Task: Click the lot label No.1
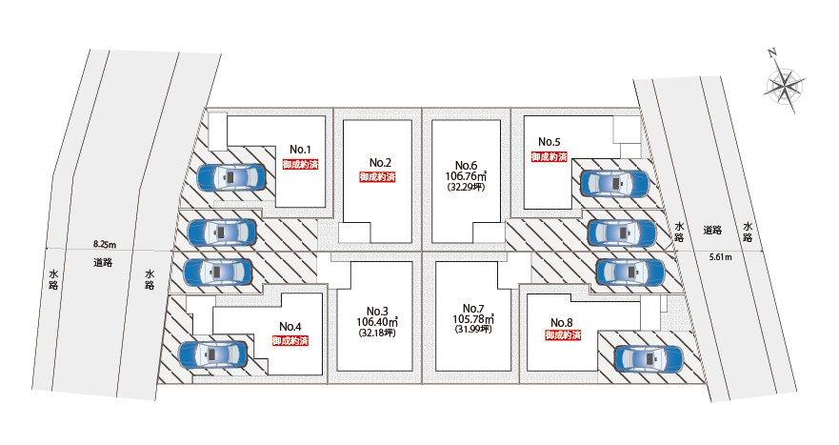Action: pyautogui.click(x=301, y=149)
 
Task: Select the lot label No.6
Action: pyautogui.click(x=466, y=163)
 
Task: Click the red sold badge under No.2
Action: pyautogui.click(x=377, y=177)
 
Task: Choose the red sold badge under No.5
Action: pyautogui.click(x=549, y=156)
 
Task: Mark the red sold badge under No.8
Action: pyautogui.click(x=565, y=336)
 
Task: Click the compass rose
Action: pyautogui.click(x=784, y=86)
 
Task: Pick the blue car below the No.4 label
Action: pyautogui.click(x=212, y=355)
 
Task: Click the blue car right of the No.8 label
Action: pyautogui.click(x=649, y=358)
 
